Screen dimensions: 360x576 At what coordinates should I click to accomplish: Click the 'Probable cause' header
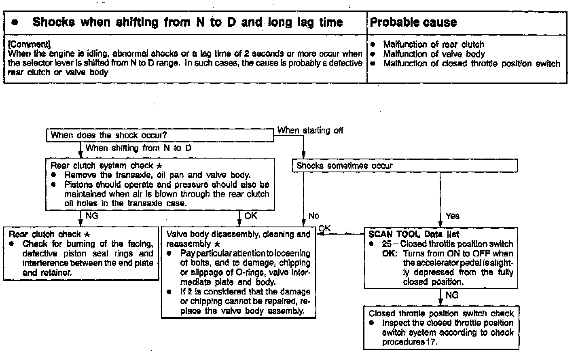point(413,22)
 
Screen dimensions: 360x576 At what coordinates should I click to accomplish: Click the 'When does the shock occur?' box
point(108,135)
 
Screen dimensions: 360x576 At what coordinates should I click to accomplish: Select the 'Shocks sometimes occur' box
point(344,166)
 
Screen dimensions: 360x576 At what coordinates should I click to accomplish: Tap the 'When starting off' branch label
point(310,130)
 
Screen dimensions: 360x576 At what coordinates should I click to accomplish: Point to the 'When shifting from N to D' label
point(138,148)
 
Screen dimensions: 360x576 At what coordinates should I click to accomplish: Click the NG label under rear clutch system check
point(92,216)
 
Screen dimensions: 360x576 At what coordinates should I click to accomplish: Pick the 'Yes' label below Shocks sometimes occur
point(452,216)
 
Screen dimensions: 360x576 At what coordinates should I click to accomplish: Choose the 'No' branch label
point(313,216)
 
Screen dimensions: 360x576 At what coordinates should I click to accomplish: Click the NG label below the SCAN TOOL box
point(452,295)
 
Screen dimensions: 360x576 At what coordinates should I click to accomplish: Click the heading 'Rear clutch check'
point(45,234)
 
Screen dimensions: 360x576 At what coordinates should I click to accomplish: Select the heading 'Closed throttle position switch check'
point(441,313)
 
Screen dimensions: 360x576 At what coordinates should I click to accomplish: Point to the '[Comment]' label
point(29,44)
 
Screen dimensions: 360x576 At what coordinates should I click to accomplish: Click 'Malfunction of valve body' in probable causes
point(434,54)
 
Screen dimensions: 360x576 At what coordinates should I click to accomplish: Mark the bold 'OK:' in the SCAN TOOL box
point(390,254)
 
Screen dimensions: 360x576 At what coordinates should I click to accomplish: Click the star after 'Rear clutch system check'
point(159,166)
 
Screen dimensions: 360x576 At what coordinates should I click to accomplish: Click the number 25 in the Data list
point(387,244)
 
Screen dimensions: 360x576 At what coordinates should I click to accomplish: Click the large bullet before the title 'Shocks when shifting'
point(15,23)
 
